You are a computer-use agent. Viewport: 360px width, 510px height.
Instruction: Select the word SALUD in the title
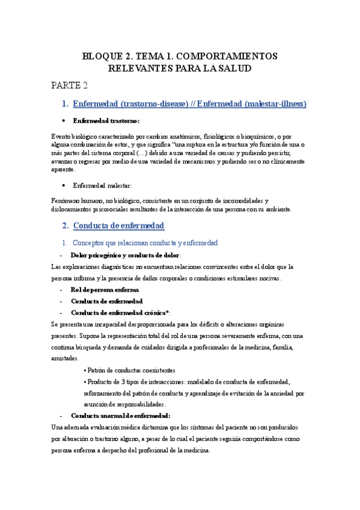(x=232, y=69)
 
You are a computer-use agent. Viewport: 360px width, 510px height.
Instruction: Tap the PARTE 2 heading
(x=69, y=85)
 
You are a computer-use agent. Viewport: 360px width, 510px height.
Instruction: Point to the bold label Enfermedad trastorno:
(x=106, y=120)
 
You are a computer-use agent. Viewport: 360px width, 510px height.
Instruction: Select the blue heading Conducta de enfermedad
(x=118, y=226)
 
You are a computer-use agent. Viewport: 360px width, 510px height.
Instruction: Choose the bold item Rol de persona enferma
(x=105, y=290)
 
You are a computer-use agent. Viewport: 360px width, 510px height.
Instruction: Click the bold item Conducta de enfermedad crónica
(x=120, y=313)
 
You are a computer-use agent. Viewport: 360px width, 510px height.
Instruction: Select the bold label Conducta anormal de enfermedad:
(x=120, y=416)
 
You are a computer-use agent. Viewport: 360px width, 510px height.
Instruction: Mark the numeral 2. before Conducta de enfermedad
(x=66, y=226)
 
